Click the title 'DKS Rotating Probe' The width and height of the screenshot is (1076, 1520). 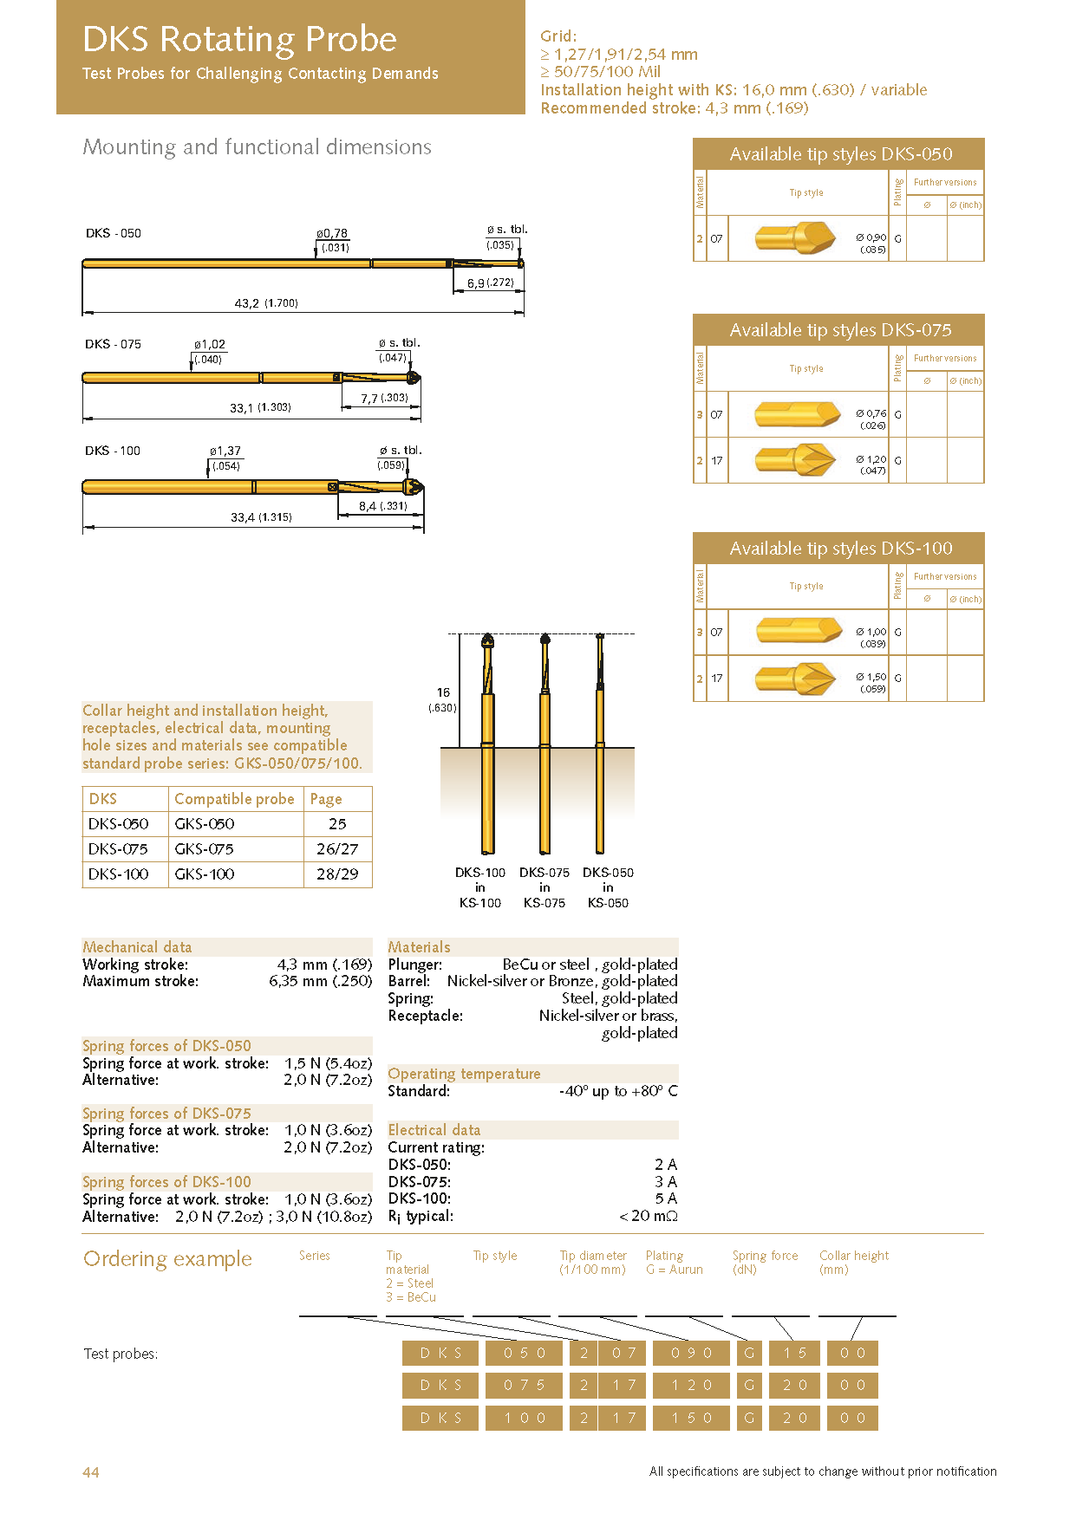tap(239, 40)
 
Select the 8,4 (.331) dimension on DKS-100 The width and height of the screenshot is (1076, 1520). tap(382, 506)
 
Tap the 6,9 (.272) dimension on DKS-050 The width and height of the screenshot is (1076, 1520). tap(490, 283)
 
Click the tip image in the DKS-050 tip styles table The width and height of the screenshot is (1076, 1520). tap(795, 237)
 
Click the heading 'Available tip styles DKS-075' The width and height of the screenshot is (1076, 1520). tap(839, 330)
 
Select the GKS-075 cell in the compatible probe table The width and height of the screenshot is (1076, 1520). tap(205, 849)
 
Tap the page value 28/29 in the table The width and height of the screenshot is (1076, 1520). tap(337, 874)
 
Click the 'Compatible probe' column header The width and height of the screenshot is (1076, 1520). tap(234, 799)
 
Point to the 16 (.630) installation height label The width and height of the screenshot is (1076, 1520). tap(443, 699)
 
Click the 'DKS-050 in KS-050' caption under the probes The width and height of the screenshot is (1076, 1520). tap(608, 887)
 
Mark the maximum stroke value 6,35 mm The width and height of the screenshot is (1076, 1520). tap(320, 981)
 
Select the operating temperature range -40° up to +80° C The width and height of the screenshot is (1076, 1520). tap(618, 1091)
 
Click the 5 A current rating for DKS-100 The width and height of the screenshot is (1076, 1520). tap(665, 1198)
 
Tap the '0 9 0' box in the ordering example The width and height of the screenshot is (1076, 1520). tap(692, 1353)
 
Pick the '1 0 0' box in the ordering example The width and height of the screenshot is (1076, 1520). tap(525, 1418)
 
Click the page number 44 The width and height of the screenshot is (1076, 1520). tap(91, 1471)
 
